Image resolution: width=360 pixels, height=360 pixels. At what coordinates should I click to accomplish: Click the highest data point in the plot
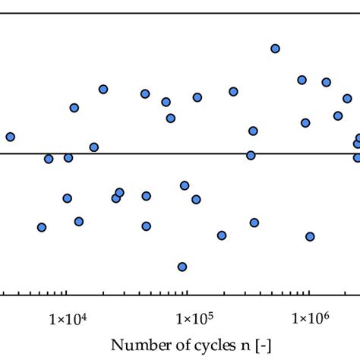(275, 49)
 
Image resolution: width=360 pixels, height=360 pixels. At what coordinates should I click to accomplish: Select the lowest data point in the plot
(182, 267)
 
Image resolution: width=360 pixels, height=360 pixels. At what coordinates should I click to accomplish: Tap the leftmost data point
(10, 137)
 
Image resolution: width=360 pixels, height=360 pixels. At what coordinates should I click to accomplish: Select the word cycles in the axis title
(196, 346)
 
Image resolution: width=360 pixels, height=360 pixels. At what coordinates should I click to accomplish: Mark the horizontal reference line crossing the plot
(152, 153)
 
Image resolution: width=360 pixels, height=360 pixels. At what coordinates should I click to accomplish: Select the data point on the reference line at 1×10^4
(68, 158)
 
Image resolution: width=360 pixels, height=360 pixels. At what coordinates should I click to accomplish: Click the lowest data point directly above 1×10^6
(310, 236)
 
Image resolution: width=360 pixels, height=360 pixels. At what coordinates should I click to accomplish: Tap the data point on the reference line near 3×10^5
(251, 156)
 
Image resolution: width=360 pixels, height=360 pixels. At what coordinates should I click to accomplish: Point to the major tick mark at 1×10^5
(188, 295)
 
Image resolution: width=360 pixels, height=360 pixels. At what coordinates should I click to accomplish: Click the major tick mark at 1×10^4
(67, 295)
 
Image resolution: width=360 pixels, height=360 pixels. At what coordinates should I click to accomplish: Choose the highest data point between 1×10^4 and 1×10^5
(103, 89)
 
